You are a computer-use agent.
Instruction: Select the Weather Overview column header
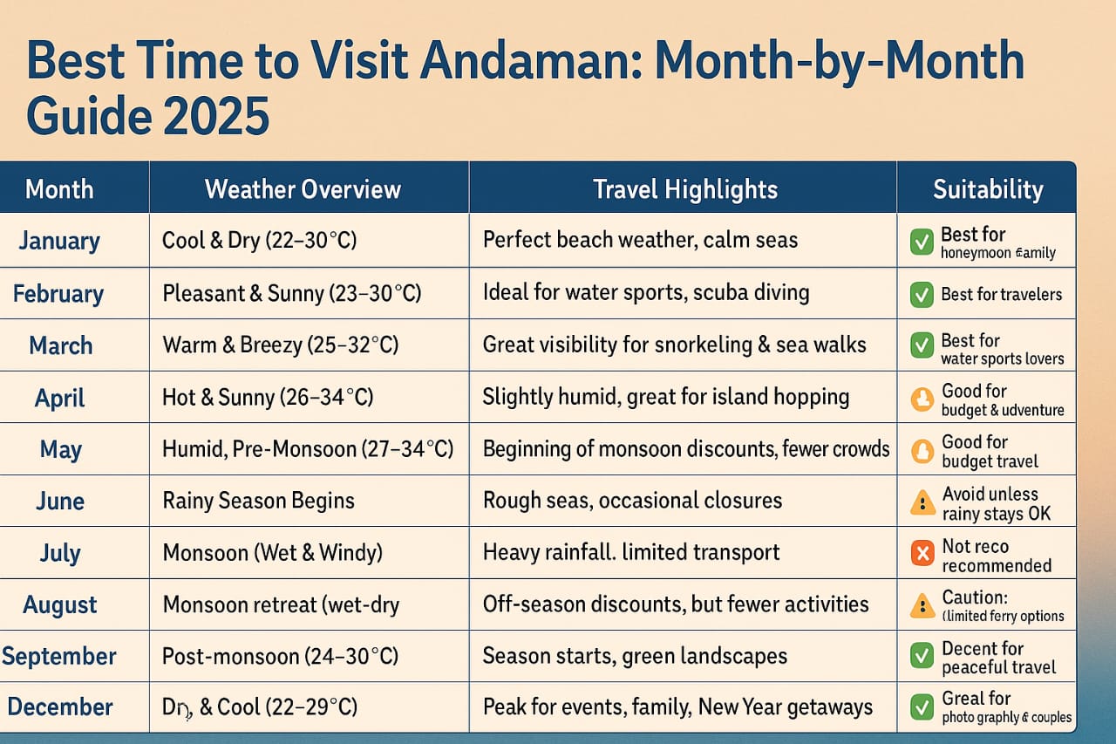point(303,189)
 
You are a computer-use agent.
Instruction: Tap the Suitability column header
point(987,189)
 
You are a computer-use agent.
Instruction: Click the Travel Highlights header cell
point(684,189)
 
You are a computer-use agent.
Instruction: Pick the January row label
point(59,241)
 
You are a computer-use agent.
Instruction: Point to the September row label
point(59,656)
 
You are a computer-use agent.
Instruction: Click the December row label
point(59,706)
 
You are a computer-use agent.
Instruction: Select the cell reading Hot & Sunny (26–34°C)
point(268,397)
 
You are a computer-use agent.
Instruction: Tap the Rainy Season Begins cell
point(258,501)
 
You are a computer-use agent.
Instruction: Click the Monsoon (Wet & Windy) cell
point(272,552)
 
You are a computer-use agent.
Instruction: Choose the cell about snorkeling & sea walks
point(674,345)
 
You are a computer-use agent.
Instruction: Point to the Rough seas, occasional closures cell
point(632,501)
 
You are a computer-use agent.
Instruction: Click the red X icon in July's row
point(922,554)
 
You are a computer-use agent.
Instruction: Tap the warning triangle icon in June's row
point(922,502)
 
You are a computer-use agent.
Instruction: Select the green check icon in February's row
point(922,295)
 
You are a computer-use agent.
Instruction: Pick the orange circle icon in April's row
point(922,399)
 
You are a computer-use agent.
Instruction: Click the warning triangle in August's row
point(922,605)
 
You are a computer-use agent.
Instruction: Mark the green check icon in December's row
point(922,707)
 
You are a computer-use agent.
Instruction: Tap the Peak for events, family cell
point(677,706)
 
